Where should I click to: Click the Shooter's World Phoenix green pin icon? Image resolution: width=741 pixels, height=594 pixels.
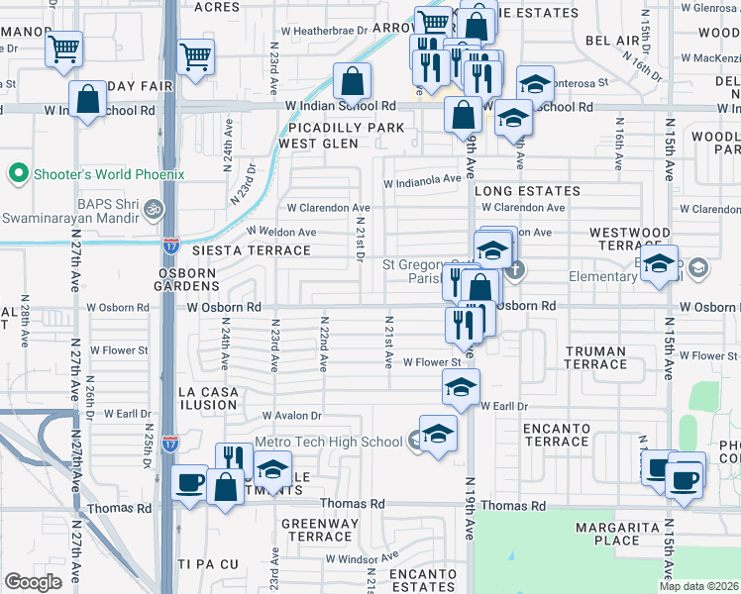tap(17, 174)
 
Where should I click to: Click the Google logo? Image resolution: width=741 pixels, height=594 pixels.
tap(33, 582)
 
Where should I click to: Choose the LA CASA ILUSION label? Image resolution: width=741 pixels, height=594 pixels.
tap(208, 400)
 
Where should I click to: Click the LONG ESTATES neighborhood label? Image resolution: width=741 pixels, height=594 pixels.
tap(526, 190)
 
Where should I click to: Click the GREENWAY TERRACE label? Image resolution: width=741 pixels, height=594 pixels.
tap(318, 530)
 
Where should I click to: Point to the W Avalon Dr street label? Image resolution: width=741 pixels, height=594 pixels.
tap(292, 415)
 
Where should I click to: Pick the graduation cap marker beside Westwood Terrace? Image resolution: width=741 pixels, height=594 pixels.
tap(659, 263)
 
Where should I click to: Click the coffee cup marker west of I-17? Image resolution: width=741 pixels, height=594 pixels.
tap(189, 484)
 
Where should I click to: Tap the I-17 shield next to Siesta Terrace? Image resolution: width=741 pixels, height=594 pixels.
tap(171, 241)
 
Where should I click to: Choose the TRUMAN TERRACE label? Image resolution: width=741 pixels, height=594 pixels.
tap(595, 358)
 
